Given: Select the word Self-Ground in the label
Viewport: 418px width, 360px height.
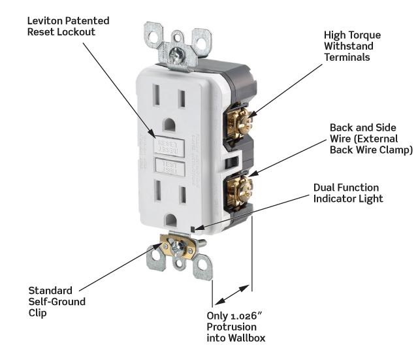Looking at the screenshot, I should tap(57, 302).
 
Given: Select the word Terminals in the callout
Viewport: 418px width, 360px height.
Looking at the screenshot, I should tap(347, 57).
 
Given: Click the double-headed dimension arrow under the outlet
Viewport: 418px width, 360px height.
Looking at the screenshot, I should tap(233, 293).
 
